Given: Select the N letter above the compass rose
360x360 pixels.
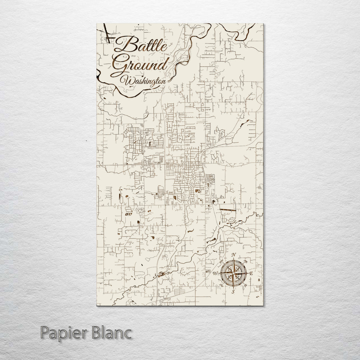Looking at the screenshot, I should [234, 256].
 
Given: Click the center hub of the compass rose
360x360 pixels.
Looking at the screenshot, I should [233, 273].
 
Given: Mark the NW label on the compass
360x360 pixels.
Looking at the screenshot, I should [221, 261].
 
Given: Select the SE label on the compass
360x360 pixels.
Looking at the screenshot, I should [246, 286].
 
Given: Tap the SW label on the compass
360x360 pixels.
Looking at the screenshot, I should [221, 285].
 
